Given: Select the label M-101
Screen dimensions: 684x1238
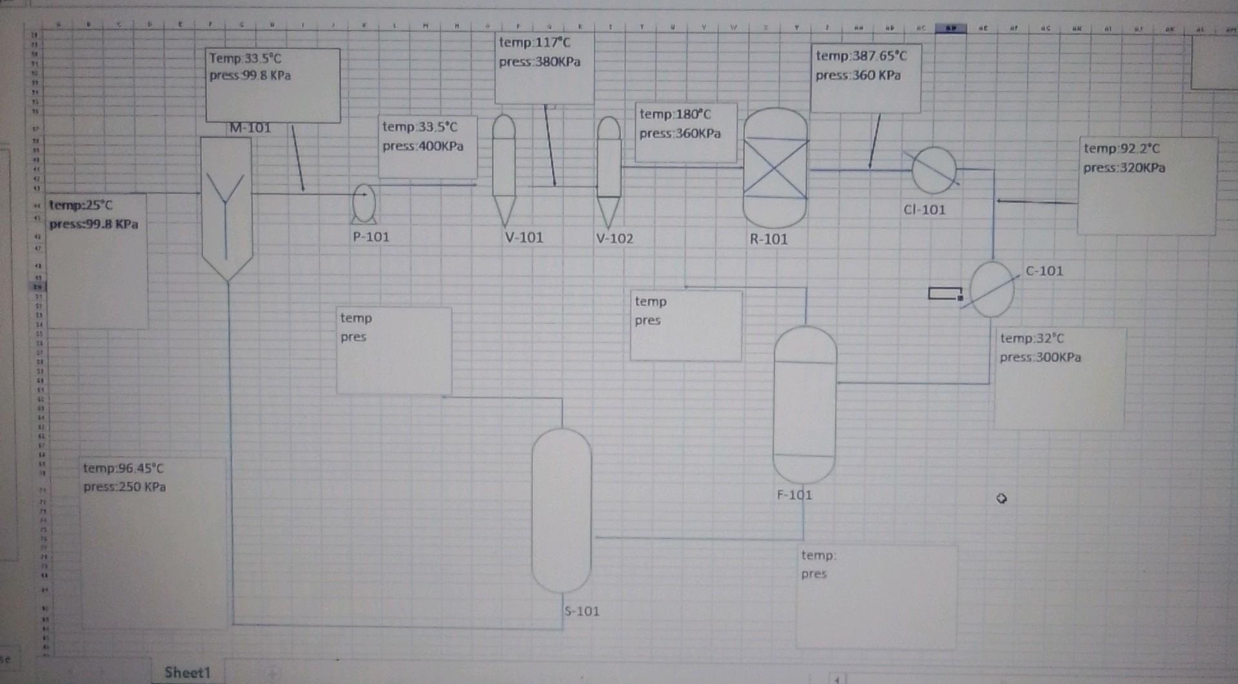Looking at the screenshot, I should (x=250, y=128).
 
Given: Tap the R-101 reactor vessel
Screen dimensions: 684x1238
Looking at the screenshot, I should (x=775, y=168).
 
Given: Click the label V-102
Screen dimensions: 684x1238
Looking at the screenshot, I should (x=614, y=239).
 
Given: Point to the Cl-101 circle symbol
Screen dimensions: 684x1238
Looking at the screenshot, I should (x=934, y=170).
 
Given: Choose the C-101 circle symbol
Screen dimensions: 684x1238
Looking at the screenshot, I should (x=992, y=289).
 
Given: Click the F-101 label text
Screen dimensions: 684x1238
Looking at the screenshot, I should (x=794, y=495).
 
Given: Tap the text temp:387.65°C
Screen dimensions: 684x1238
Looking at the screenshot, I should (x=861, y=56).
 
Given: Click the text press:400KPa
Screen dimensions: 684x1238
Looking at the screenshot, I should (x=423, y=146).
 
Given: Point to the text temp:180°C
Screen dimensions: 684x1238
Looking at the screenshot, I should (x=675, y=114).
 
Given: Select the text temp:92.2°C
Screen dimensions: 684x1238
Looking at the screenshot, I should (x=1121, y=148).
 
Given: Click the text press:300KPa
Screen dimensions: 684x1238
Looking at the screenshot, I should (x=1040, y=357).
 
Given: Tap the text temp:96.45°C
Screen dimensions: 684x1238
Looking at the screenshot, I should (x=123, y=468).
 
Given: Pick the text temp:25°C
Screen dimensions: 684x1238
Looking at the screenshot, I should (x=81, y=205).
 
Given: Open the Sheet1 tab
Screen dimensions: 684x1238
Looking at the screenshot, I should (x=187, y=672).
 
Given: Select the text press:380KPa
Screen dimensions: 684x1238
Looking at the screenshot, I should (x=540, y=62).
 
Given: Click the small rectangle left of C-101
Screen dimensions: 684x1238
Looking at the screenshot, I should (x=945, y=293).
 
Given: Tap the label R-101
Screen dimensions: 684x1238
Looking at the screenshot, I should (x=769, y=239).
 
